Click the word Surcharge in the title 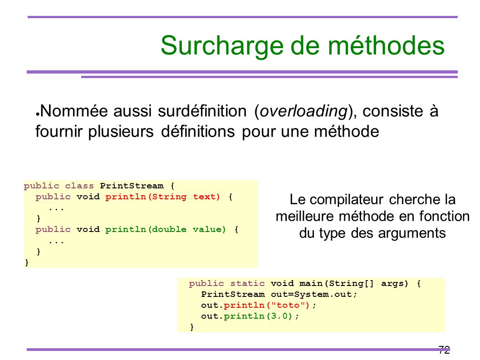[x=223, y=46]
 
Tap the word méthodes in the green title [x=387, y=45]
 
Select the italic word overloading [x=304, y=111]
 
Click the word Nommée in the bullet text [x=74, y=111]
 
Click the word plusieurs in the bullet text [x=121, y=132]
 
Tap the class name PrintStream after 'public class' [x=132, y=186]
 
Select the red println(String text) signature [x=163, y=197]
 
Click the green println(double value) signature [x=166, y=229]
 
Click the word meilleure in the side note [x=305, y=216]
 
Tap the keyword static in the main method [x=247, y=283]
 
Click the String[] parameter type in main [x=351, y=283]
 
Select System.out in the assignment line [x=323, y=295]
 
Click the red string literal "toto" [x=288, y=305]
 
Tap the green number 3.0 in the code [x=279, y=316]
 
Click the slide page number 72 [x=444, y=349]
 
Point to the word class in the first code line [x=79, y=186]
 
